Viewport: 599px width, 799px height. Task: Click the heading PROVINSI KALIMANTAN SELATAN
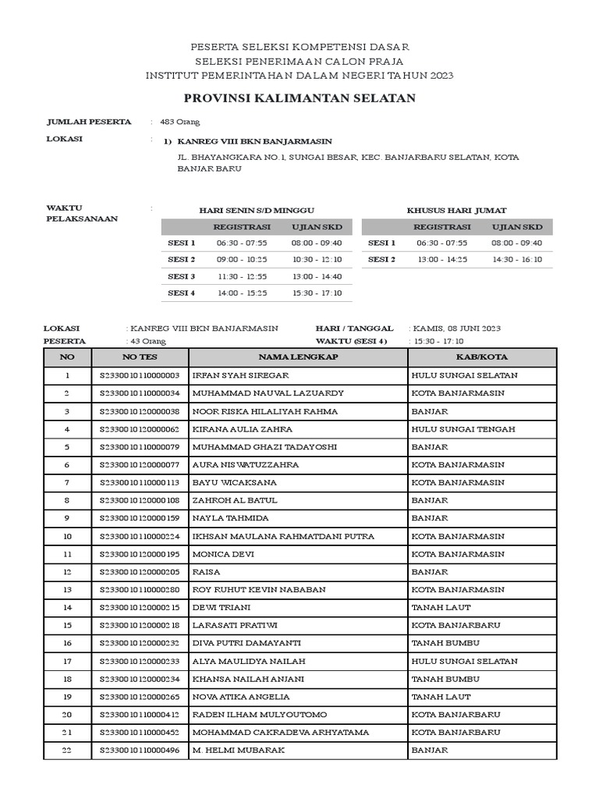click(299, 98)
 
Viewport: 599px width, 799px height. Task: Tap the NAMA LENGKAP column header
click(298, 357)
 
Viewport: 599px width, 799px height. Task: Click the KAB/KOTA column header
click(481, 357)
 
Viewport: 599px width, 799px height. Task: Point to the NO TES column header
click(140, 357)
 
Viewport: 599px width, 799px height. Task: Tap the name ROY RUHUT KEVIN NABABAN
click(258, 590)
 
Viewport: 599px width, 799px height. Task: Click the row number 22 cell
click(67, 751)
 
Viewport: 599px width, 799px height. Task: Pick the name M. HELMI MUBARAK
click(238, 751)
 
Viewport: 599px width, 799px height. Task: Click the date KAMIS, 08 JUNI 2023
click(457, 329)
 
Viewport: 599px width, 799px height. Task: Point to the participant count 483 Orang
click(180, 122)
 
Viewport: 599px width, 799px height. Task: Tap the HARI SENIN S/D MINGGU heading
click(257, 211)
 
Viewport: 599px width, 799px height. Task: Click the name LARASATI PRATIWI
click(234, 626)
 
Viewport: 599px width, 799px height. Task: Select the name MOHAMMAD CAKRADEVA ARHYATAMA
click(280, 733)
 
